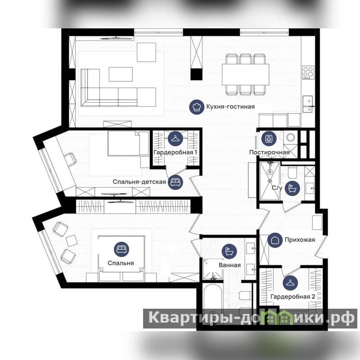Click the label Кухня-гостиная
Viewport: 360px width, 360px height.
230,107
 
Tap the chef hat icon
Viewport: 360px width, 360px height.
197,107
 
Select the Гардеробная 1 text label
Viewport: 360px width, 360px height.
175,153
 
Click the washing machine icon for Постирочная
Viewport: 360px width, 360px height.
269,139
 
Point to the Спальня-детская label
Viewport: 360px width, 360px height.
139,182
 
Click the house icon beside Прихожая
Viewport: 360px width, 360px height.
275,240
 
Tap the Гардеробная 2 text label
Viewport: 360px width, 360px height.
293,297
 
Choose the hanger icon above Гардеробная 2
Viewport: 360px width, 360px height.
290,283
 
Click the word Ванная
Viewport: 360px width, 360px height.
229,265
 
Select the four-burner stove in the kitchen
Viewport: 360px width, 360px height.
308,72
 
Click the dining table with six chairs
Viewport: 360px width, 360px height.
245,74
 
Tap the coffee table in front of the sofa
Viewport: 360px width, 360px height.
121,74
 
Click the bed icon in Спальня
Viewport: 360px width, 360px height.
121,249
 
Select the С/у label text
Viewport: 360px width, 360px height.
277,188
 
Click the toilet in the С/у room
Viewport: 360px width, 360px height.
292,172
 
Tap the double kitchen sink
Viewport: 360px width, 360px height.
308,104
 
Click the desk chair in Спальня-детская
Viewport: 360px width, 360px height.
71,159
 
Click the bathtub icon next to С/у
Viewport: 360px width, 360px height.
292,188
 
